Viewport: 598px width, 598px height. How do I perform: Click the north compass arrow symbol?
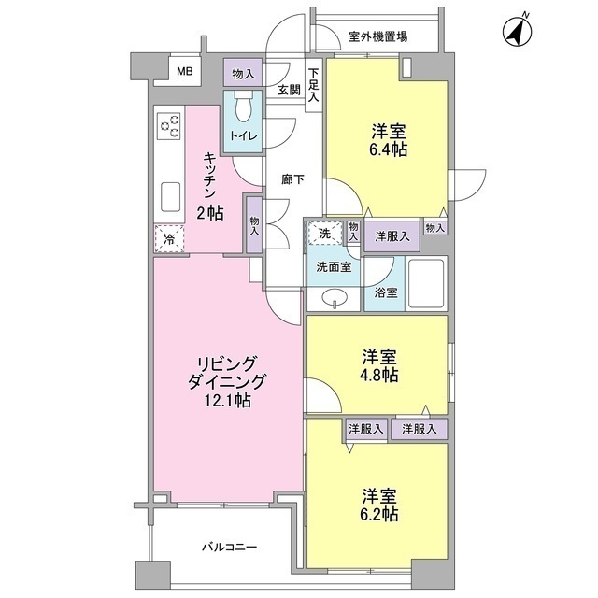pyautogui.click(x=517, y=30)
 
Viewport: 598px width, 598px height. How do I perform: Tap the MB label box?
pyautogui.click(x=185, y=71)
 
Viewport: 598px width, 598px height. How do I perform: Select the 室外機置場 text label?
pyautogui.click(x=377, y=37)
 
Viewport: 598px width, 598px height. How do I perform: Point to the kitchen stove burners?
pyautogui.click(x=169, y=127)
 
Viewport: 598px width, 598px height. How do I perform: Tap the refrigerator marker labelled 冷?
pyautogui.click(x=169, y=239)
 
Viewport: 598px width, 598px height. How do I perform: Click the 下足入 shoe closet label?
pyautogui.click(x=314, y=82)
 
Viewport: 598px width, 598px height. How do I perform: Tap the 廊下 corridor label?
pyautogui.click(x=293, y=180)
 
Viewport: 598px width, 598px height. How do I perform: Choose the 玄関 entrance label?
pyautogui.click(x=288, y=90)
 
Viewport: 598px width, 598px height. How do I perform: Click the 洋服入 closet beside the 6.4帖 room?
pyautogui.click(x=392, y=236)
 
